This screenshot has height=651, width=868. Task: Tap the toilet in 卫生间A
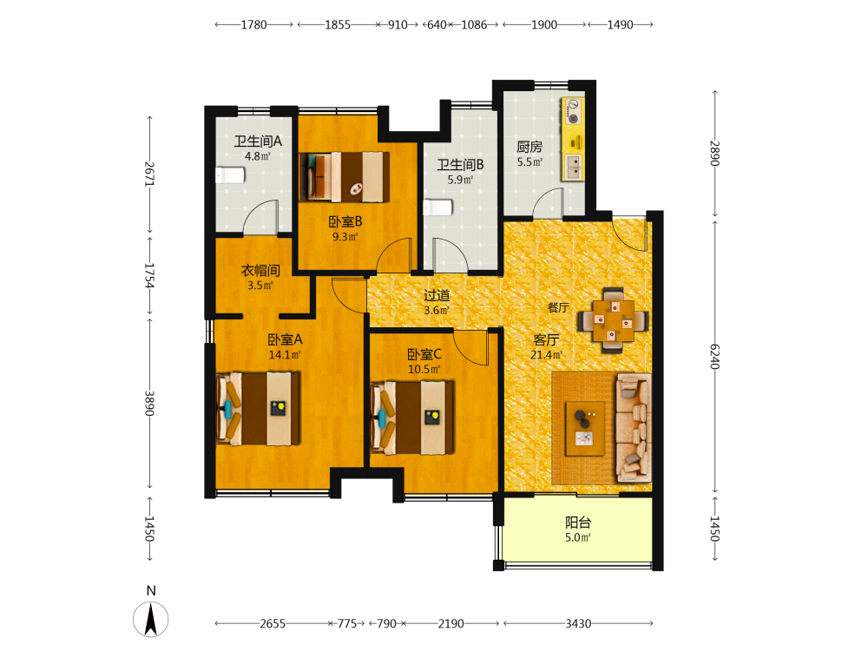230,175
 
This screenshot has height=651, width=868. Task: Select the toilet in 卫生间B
437,207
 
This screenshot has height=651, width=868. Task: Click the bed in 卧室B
345,176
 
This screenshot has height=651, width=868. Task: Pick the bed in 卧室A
258,409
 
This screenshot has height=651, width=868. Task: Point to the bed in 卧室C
412,417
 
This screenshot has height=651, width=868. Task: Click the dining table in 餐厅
614,320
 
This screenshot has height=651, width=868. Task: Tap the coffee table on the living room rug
584,429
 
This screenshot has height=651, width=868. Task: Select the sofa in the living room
634,427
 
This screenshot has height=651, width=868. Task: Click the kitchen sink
573,167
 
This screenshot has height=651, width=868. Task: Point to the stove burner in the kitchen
573,112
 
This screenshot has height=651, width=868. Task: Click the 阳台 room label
578,522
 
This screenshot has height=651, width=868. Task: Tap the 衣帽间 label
260,271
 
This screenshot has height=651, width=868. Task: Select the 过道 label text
437,295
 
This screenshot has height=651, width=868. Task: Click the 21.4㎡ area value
546,355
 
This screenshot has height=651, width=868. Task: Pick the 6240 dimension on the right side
714,357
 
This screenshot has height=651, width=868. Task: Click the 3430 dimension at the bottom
578,624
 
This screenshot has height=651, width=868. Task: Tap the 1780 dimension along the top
253,25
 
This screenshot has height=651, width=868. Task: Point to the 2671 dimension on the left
149,174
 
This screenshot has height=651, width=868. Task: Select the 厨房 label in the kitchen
529,147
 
